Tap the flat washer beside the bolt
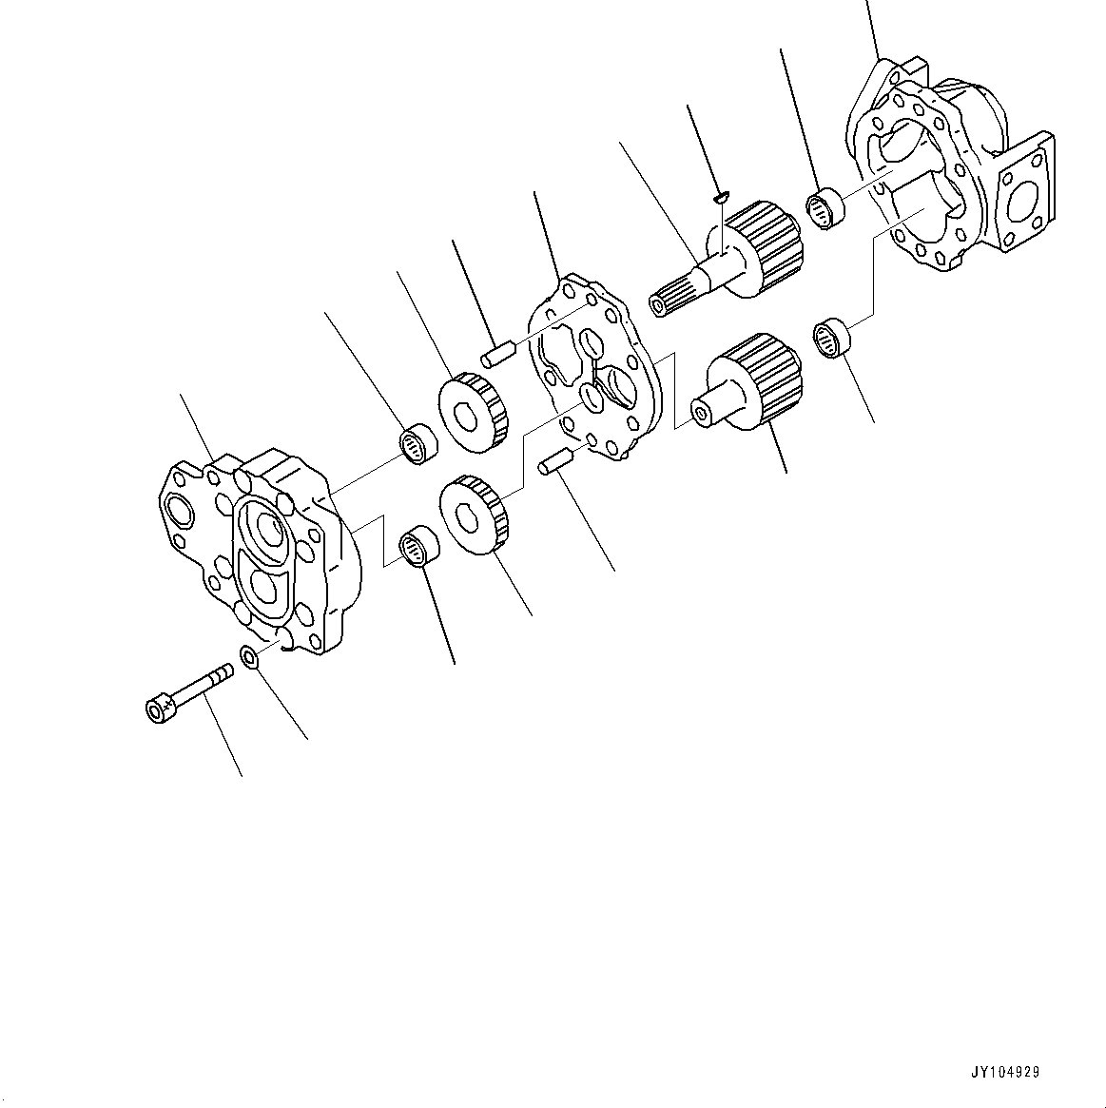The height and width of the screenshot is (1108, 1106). coord(250,656)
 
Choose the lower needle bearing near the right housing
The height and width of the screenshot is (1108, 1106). coord(831,338)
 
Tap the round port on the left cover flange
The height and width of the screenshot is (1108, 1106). coord(178,509)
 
